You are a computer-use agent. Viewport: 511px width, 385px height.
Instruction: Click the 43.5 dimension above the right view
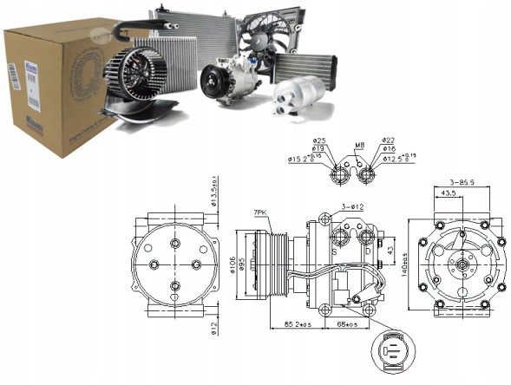pos(450,193)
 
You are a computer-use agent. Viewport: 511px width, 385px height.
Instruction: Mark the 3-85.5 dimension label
pos(462,181)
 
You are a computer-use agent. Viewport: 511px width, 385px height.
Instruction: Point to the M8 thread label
pos(359,144)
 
